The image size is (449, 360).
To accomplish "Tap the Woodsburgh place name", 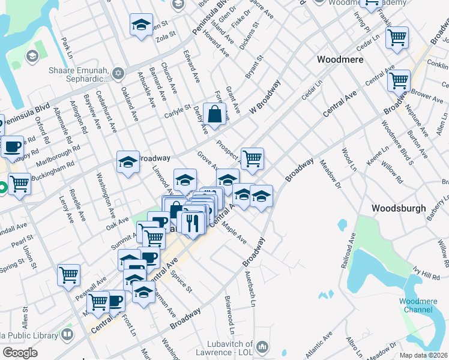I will click(399, 208).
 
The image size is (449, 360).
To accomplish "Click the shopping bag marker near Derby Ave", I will click(214, 113).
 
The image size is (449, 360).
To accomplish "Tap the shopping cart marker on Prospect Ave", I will click(253, 158).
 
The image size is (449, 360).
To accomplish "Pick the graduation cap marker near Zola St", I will click(141, 25).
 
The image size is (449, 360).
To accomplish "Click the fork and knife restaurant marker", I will click(192, 224).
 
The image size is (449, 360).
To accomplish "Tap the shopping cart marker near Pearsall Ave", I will click(69, 275).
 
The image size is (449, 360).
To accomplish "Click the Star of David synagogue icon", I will click(118, 73).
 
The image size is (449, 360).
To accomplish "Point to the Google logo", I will click(20, 353).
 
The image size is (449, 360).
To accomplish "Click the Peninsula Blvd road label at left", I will click(25, 106).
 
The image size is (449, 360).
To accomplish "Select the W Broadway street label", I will click(265, 97).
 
